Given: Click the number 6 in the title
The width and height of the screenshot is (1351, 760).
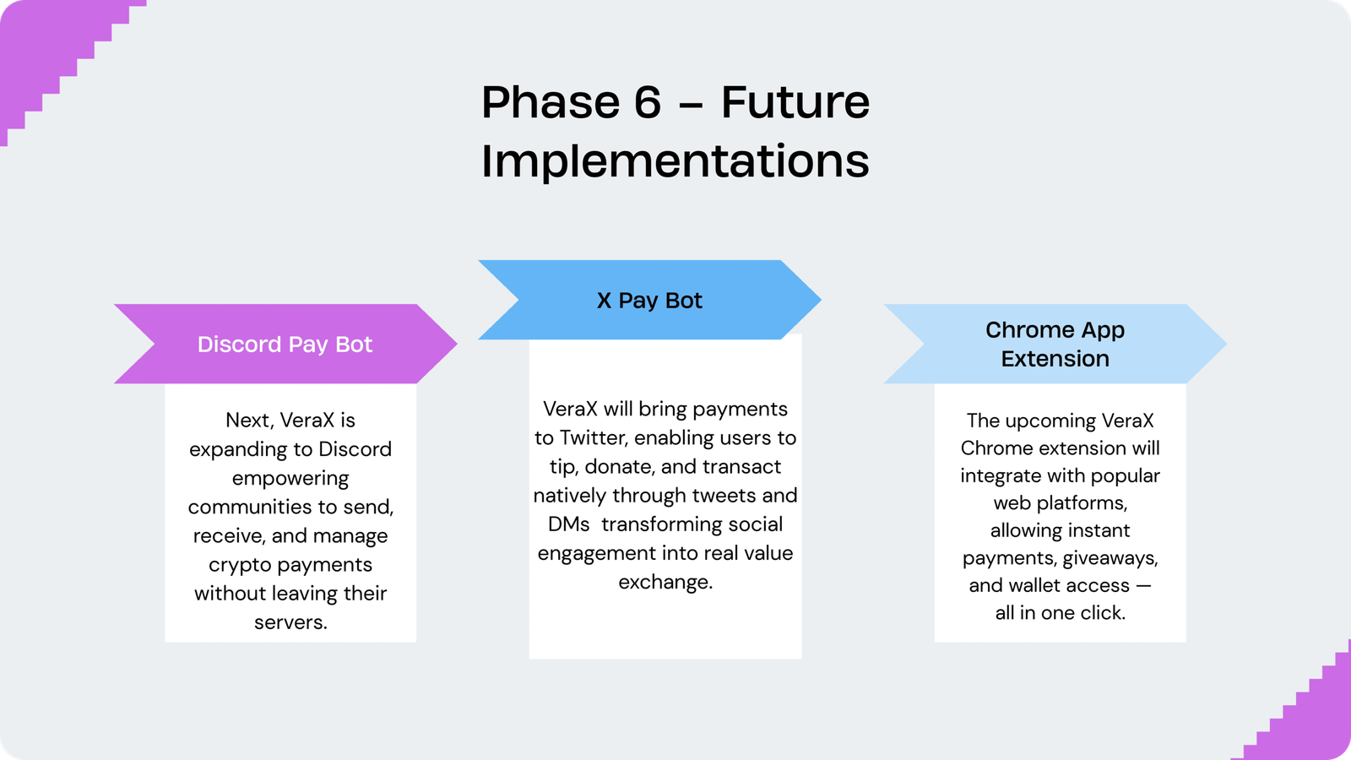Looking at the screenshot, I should (x=647, y=103).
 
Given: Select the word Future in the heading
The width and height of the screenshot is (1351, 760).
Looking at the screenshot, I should (x=795, y=103).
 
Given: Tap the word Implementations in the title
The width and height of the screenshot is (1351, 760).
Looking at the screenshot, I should (x=675, y=161).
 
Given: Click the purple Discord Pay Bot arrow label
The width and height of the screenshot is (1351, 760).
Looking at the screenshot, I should (x=285, y=345).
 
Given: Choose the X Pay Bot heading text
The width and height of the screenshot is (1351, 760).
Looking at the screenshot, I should (x=649, y=301).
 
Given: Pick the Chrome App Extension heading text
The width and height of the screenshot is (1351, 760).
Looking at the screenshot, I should (x=1055, y=344).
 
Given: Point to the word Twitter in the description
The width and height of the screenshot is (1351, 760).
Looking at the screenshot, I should (x=594, y=437).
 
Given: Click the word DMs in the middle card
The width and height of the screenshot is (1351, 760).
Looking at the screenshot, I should (x=568, y=524).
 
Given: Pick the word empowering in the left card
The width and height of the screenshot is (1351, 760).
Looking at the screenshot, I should (x=290, y=479).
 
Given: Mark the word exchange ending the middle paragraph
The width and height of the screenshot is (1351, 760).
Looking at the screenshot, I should (x=664, y=582).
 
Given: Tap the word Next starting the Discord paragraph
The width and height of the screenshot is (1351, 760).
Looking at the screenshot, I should (x=248, y=421).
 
